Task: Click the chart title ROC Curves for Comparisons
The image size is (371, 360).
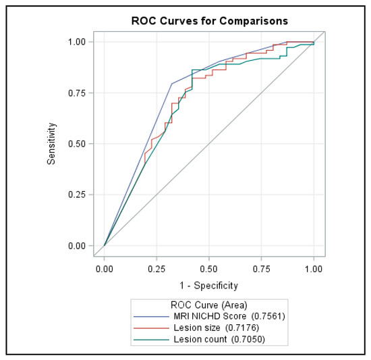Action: click(x=209, y=20)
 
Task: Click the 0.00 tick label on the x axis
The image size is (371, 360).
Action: click(x=105, y=268)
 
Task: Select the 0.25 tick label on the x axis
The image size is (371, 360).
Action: click(x=156, y=268)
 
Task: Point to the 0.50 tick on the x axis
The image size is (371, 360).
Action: click(x=209, y=268)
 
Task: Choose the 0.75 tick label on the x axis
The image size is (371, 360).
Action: click(x=261, y=268)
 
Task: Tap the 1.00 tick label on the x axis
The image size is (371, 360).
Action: click(x=314, y=268)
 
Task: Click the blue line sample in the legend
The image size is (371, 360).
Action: click(x=153, y=316)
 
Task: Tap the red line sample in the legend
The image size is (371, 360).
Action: click(x=153, y=328)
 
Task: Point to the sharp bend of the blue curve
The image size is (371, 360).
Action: click(x=171, y=84)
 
